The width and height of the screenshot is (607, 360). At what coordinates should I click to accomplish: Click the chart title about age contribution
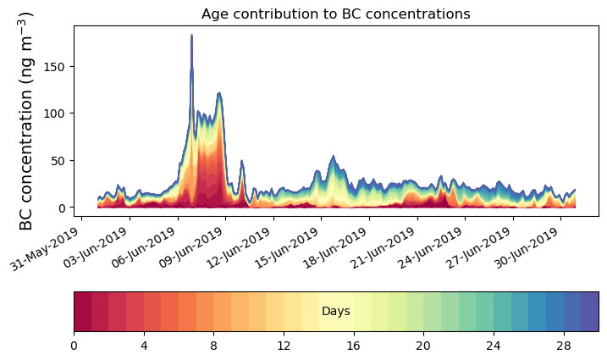[x=335, y=14]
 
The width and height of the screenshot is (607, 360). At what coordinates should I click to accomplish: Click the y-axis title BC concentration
[x=26, y=121]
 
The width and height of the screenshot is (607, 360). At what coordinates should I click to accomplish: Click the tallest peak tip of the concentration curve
[x=191, y=36]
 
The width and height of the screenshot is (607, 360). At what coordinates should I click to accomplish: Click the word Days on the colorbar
[x=336, y=312]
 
